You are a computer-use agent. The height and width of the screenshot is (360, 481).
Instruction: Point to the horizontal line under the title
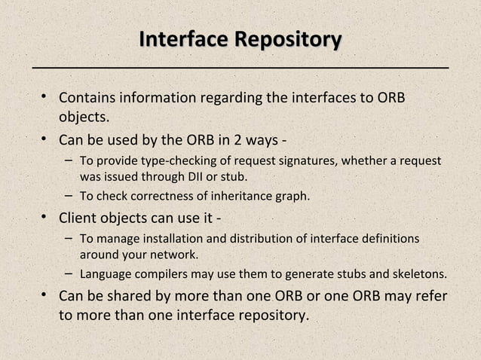pos(240,68)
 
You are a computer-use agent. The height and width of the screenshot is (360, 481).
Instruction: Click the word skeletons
pos(419,273)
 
